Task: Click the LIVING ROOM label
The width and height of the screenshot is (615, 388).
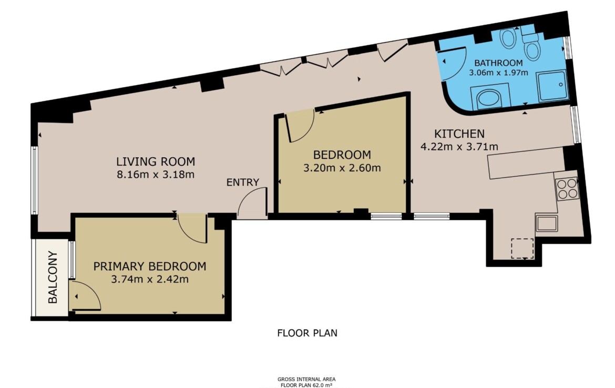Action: click(156, 161)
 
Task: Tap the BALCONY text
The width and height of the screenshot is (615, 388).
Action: click(53, 277)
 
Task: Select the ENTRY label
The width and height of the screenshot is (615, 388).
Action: click(243, 182)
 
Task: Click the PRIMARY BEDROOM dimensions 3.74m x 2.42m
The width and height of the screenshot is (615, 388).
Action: click(150, 279)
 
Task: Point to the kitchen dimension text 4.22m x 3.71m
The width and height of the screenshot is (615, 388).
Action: click(459, 147)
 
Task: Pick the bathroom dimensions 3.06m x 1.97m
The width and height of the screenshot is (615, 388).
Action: click(498, 73)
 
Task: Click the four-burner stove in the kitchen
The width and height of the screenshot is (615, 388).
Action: click(567, 189)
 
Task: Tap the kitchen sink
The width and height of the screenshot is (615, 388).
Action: click(547, 223)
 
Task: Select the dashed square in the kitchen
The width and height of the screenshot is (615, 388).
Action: click(522, 248)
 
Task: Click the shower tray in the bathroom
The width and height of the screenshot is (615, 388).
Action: click(552, 86)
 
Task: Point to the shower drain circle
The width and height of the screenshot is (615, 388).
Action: click(561, 84)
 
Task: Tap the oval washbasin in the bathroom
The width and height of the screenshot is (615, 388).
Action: click(508, 38)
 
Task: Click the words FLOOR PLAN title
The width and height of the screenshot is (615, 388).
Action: click(307, 333)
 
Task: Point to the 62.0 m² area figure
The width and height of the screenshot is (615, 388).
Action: click(317, 385)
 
